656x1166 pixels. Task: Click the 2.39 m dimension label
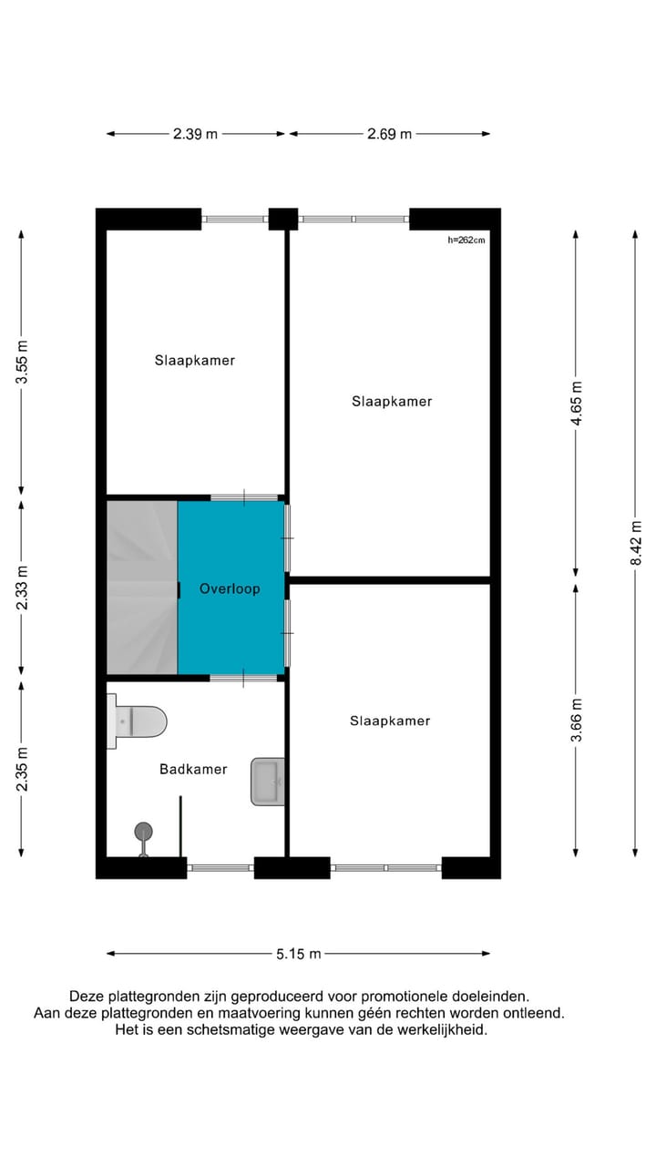tap(196, 134)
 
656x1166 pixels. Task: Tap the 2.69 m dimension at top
tap(389, 134)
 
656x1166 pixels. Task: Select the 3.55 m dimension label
tap(23, 362)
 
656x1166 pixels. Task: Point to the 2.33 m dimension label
tap(23, 588)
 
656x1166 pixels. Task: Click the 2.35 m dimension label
tap(23, 769)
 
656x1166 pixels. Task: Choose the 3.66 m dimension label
tap(575, 720)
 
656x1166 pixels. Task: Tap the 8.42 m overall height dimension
tap(636, 544)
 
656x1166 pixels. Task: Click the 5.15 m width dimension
tap(299, 954)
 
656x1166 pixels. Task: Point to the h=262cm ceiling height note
tap(466, 240)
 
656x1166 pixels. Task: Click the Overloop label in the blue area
tap(230, 589)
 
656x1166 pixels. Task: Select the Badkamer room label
tap(193, 770)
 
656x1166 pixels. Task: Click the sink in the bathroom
tap(268, 781)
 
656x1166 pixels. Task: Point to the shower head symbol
tap(143, 831)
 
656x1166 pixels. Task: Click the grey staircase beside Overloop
tap(142, 588)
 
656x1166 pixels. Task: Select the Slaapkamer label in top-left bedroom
tap(194, 361)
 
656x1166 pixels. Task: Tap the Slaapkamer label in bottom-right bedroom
tap(390, 721)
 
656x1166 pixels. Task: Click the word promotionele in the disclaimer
tap(400, 997)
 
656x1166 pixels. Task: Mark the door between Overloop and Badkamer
tap(244, 677)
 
